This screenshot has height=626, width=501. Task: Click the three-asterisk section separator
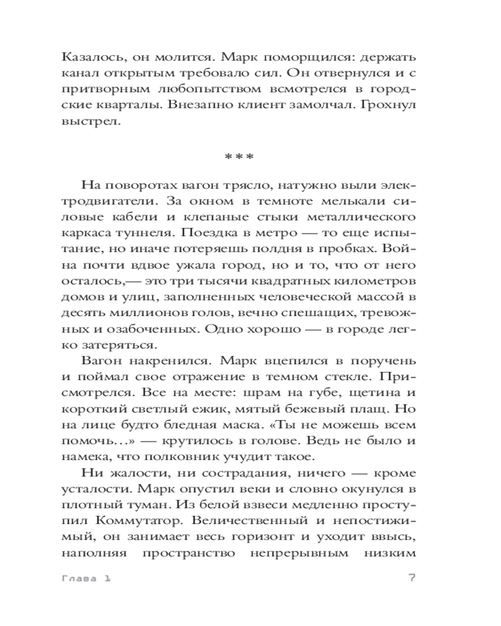point(239,155)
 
